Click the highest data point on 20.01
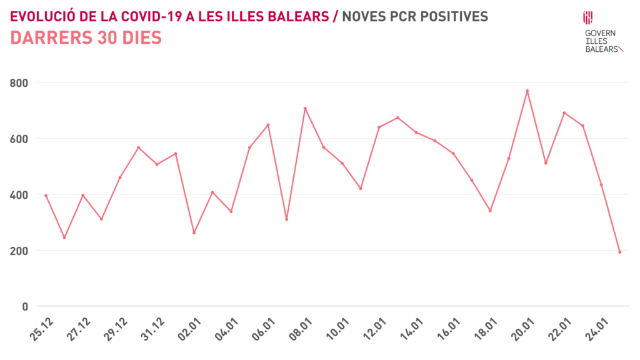[527, 91]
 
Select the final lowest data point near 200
[619, 252]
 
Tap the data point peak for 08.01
[305, 108]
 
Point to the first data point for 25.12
[46, 196]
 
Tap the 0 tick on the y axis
[25, 306]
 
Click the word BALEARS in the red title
[301, 16]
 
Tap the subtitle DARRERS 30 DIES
[86, 38]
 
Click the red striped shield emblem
[587, 18]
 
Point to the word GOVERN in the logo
[599, 32]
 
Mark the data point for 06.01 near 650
[268, 125]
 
